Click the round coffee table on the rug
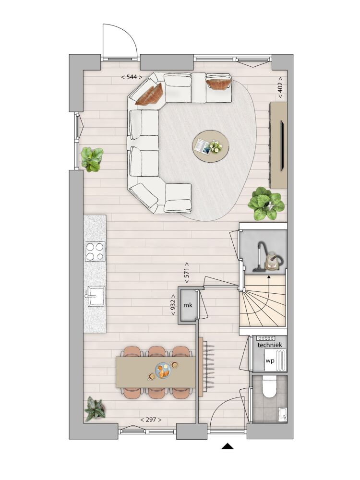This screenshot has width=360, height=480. pyautogui.click(x=211, y=146)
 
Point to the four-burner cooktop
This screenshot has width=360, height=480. pyautogui.click(x=95, y=251)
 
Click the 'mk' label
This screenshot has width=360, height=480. pyautogui.click(x=188, y=305)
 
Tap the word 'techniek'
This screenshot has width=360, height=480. pyautogui.click(x=270, y=345)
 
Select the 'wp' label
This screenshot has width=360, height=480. pyautogui.click(x=270, y=360)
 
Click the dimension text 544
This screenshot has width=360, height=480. pyautogui.click(x=132, y=77)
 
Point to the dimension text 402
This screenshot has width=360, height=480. pyautogui.click(x=280, y=87)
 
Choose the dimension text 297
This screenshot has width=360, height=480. pyautogui.click(x=151, y=420)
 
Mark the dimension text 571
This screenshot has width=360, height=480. pyautogui.click(x=187, y=273)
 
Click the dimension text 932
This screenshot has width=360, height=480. pyautogui.click(x=173, y=305)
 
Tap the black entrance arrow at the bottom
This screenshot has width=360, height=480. pyautogui.click(x=228, y=446)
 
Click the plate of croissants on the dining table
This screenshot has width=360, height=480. pyautogui.click(x=163, y=371)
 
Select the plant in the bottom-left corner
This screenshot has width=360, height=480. pyautogui.click(x=95, y=408)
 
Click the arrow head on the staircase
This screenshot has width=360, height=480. pyautogui.click(x=269, y=277)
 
